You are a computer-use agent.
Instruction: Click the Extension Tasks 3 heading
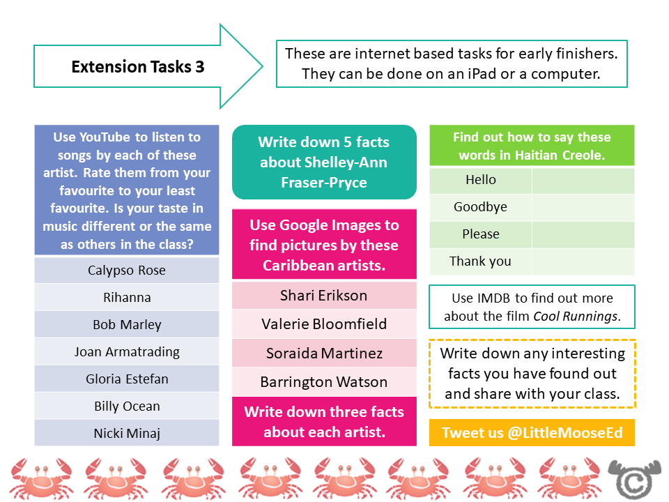click(138, 67)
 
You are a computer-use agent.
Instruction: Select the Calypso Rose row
click(127, 271)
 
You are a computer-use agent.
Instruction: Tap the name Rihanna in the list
click(127, 298)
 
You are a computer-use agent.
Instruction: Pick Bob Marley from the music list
click(127, 325)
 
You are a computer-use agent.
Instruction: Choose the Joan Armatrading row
click(127, 352)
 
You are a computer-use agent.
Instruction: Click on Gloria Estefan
click(127, 379)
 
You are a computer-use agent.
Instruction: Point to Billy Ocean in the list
click(127, 406)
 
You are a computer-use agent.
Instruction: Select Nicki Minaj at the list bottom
click(127, 434)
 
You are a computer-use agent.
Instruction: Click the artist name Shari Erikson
click(323, 295)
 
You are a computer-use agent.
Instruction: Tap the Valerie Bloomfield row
click(323, 324)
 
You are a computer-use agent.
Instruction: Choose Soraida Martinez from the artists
click(323, 353)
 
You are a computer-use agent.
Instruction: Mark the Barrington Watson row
click(323, 382)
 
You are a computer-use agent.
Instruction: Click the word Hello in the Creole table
click(481, 180)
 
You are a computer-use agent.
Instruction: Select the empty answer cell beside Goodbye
click(583, 207)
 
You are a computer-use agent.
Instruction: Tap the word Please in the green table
click(481, 234)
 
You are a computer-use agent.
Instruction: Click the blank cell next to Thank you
click(583, 261)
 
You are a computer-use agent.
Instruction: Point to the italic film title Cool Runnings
click(576, 317)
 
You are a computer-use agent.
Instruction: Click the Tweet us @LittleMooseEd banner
click(532, 433)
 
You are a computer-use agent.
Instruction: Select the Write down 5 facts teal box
click(324, 162)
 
